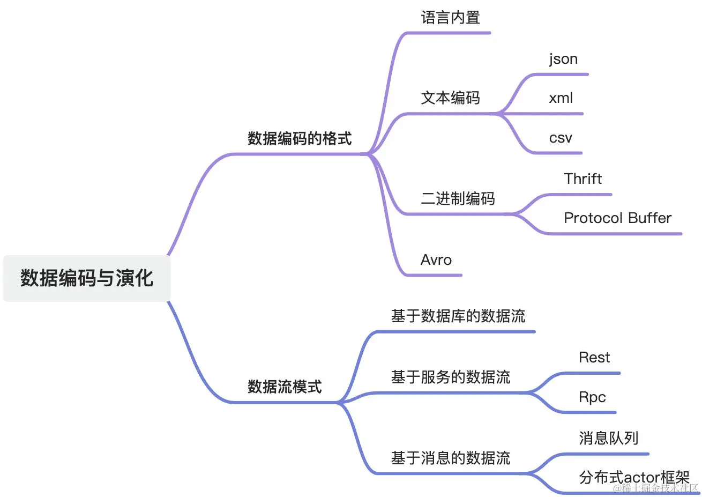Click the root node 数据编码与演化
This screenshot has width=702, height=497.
(87, 278)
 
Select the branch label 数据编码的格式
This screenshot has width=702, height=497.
(300, 139)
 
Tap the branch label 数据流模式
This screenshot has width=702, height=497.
(285, 387)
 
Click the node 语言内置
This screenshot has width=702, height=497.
(450, 18)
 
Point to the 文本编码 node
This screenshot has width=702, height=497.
(450, 98)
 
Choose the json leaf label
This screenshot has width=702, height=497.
(563, 59)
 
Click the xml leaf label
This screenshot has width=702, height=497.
(561, 98)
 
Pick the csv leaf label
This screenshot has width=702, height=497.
(561, 138)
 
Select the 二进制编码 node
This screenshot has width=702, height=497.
(458, 199)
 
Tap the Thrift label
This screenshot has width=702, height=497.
(582, 179)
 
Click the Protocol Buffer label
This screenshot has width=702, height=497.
(617, 218)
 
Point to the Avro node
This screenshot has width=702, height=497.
(436, 260)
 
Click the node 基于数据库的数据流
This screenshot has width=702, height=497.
(458, 316)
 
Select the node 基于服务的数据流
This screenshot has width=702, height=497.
(450, 377)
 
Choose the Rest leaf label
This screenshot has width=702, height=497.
(594, 358)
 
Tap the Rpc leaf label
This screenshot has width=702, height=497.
(592, 397)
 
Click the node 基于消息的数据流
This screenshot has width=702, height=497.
(450, 458)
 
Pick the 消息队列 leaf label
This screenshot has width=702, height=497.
(608, 438)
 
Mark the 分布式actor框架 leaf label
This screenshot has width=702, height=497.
(633, 477)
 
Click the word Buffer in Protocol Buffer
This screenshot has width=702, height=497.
(649, 218)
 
